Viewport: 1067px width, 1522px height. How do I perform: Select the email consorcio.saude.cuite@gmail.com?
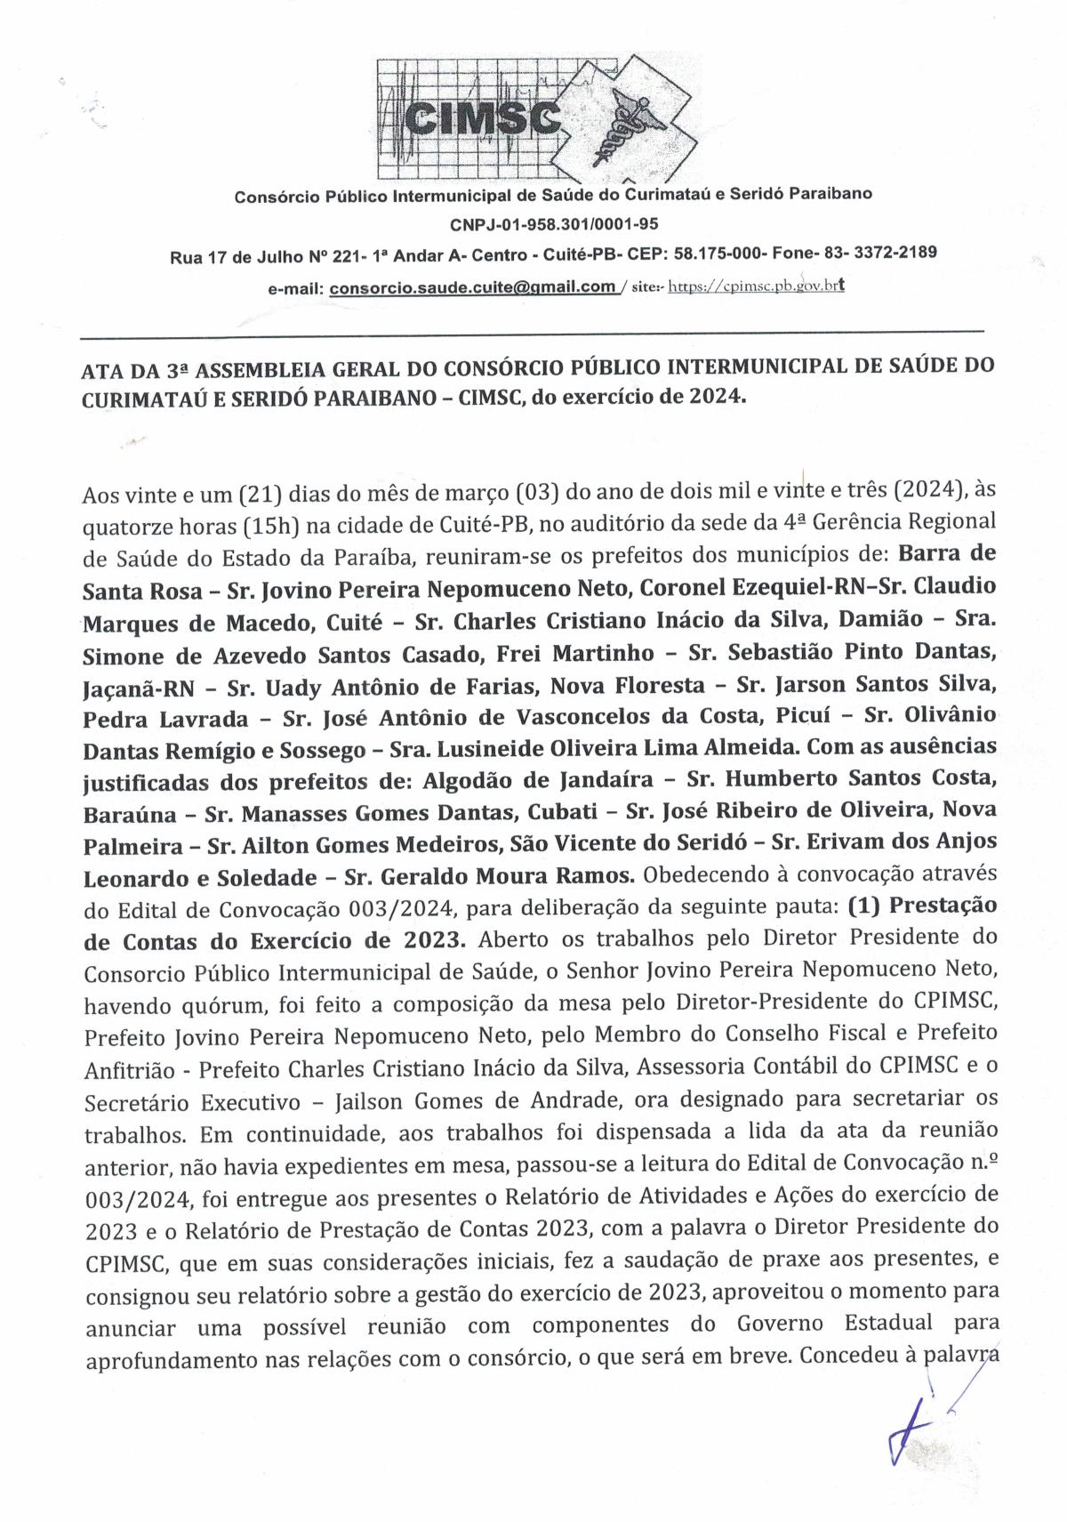(472, 286)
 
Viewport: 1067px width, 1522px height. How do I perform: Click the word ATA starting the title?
(99, 367)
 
